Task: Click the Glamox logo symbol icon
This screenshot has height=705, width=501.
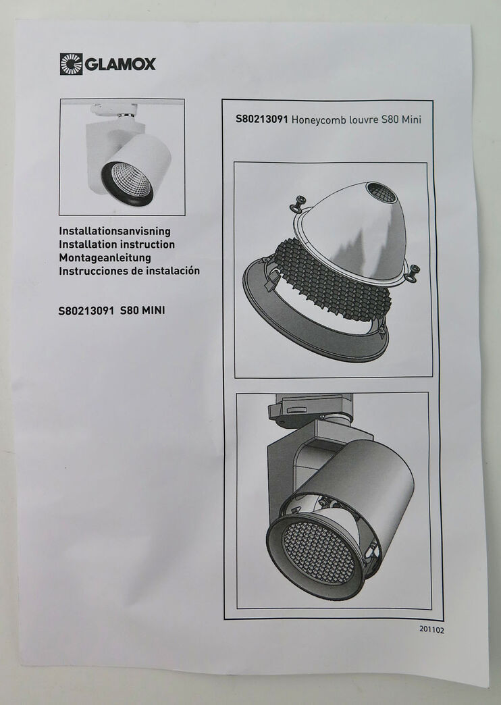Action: (x=70, y=64)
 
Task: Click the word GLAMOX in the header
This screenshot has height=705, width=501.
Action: (x=120, y=64)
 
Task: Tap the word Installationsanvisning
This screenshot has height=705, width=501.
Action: (x=115, y=232)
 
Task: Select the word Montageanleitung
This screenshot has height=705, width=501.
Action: (x=105, y=257)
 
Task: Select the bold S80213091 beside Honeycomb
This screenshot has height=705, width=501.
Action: (x=262, y=120)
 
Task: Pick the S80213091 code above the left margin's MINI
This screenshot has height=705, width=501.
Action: (x=86, y=311)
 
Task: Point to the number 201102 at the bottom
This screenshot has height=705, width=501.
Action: (x=431, y=628)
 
